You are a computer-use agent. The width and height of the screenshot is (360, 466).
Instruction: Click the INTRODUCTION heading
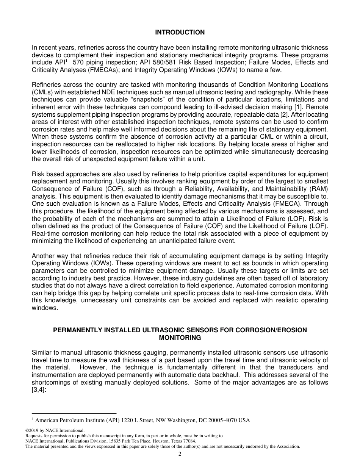pyautogui.click(x=180, y=33)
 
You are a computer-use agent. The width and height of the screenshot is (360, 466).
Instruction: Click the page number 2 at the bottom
pyautogui.click(x=180, y=454)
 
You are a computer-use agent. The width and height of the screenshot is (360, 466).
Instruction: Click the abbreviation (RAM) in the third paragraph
pyautogui.click(x=319, y=189)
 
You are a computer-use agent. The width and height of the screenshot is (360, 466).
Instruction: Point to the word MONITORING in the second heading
pyautogui.click(x=180, y=338)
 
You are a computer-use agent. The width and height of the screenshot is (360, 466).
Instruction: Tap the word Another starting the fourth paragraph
pyautogui.click(x=43, y=256)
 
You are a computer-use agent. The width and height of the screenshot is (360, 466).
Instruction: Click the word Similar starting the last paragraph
pyautogui.click(x=42, y=353)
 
